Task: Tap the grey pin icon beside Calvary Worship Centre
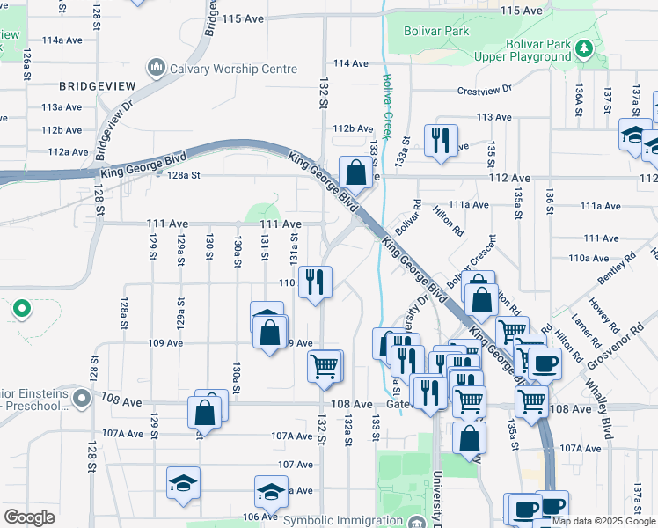(x=157, y=68)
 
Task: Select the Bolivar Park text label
(x=436, y=31)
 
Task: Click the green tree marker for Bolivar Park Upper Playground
(x=583, y=49)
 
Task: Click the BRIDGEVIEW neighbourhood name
(x=97, y=86)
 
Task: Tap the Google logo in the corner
(x=29, y=517)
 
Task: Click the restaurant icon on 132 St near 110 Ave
(x=314, y=282)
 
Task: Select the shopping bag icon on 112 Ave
(x=355, y=172)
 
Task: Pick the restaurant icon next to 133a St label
(x=441, y=140)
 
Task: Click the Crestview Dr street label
(x=485, y=91)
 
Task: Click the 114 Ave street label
(x=350, y=63)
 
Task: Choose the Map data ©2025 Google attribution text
(x=603, y=521)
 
